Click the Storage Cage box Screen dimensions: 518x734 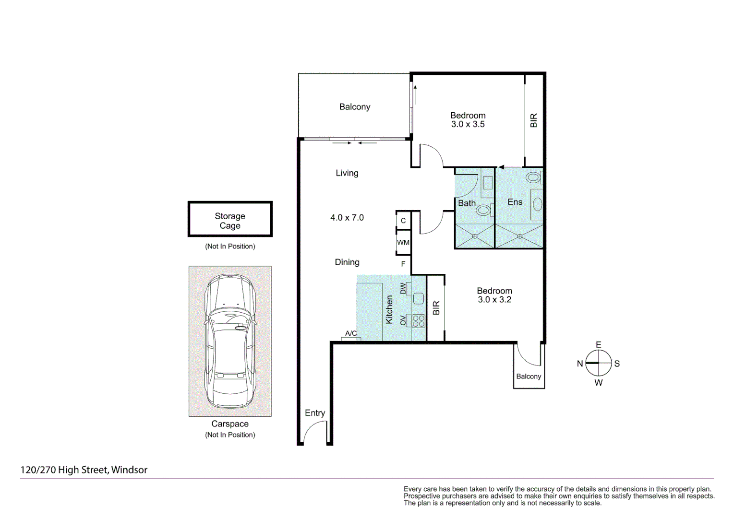click(x=230, y=219)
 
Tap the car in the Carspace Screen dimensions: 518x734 click(x=230, y=341)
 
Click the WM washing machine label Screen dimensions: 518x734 click(x=403, y=243)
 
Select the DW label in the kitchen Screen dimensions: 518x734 click(x=403, y=288)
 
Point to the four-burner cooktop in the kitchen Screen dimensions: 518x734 click(x=419, y=321)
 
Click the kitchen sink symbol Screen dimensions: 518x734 click(x=419, y=298)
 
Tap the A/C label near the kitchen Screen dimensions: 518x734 click(x=351, y=333)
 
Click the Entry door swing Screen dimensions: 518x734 click(x=315, y=432)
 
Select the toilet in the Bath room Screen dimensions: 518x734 click(x=484, y=210)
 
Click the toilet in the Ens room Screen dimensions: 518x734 click(x=533, y=177)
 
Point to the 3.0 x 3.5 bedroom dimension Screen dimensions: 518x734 click(x=468, y=124)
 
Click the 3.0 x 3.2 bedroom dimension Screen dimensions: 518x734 click(x=494, y=300)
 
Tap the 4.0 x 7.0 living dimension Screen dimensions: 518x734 click(x=347, y=218)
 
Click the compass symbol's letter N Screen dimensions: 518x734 click(x=580, y=364)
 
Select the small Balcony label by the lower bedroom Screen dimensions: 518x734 click(x=529, y=377)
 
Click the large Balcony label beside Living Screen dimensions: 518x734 click(x=355, y=107)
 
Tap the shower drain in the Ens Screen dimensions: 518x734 click(x=520, y=236)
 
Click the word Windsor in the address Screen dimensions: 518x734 click(x=129, y=470)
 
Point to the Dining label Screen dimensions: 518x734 click(x=347, y=262)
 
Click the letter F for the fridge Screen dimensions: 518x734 click(x=403, y=264)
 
